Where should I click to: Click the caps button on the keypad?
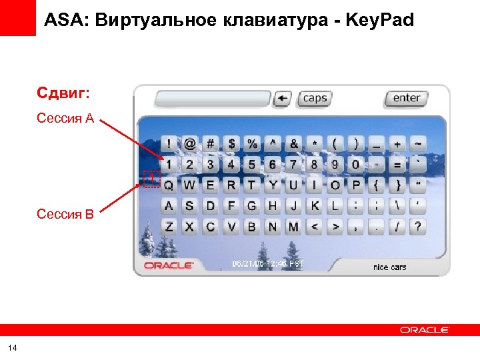(x=314, y=99)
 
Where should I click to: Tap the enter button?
(x=406, y=99)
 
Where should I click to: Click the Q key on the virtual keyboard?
(x=169, y=185)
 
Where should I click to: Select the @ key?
(x=190, y=143)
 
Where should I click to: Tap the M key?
(x=293, y=227)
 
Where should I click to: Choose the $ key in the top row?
(x=231, y=143)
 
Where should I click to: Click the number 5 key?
(x=252, y=164)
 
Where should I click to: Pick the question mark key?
(x=417, y=227)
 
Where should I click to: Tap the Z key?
(x=169, y=227)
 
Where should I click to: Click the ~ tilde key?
(x=417, y=143)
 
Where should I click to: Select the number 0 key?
(x=355, y=164)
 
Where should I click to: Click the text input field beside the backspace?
(x=213, y=99)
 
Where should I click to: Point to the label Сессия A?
(x=65, y=119)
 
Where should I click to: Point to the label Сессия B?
(x=65, y=214)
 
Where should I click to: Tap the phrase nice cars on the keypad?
(x=389, y=267)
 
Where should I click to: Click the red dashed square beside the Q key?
(x=152, y=179)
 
